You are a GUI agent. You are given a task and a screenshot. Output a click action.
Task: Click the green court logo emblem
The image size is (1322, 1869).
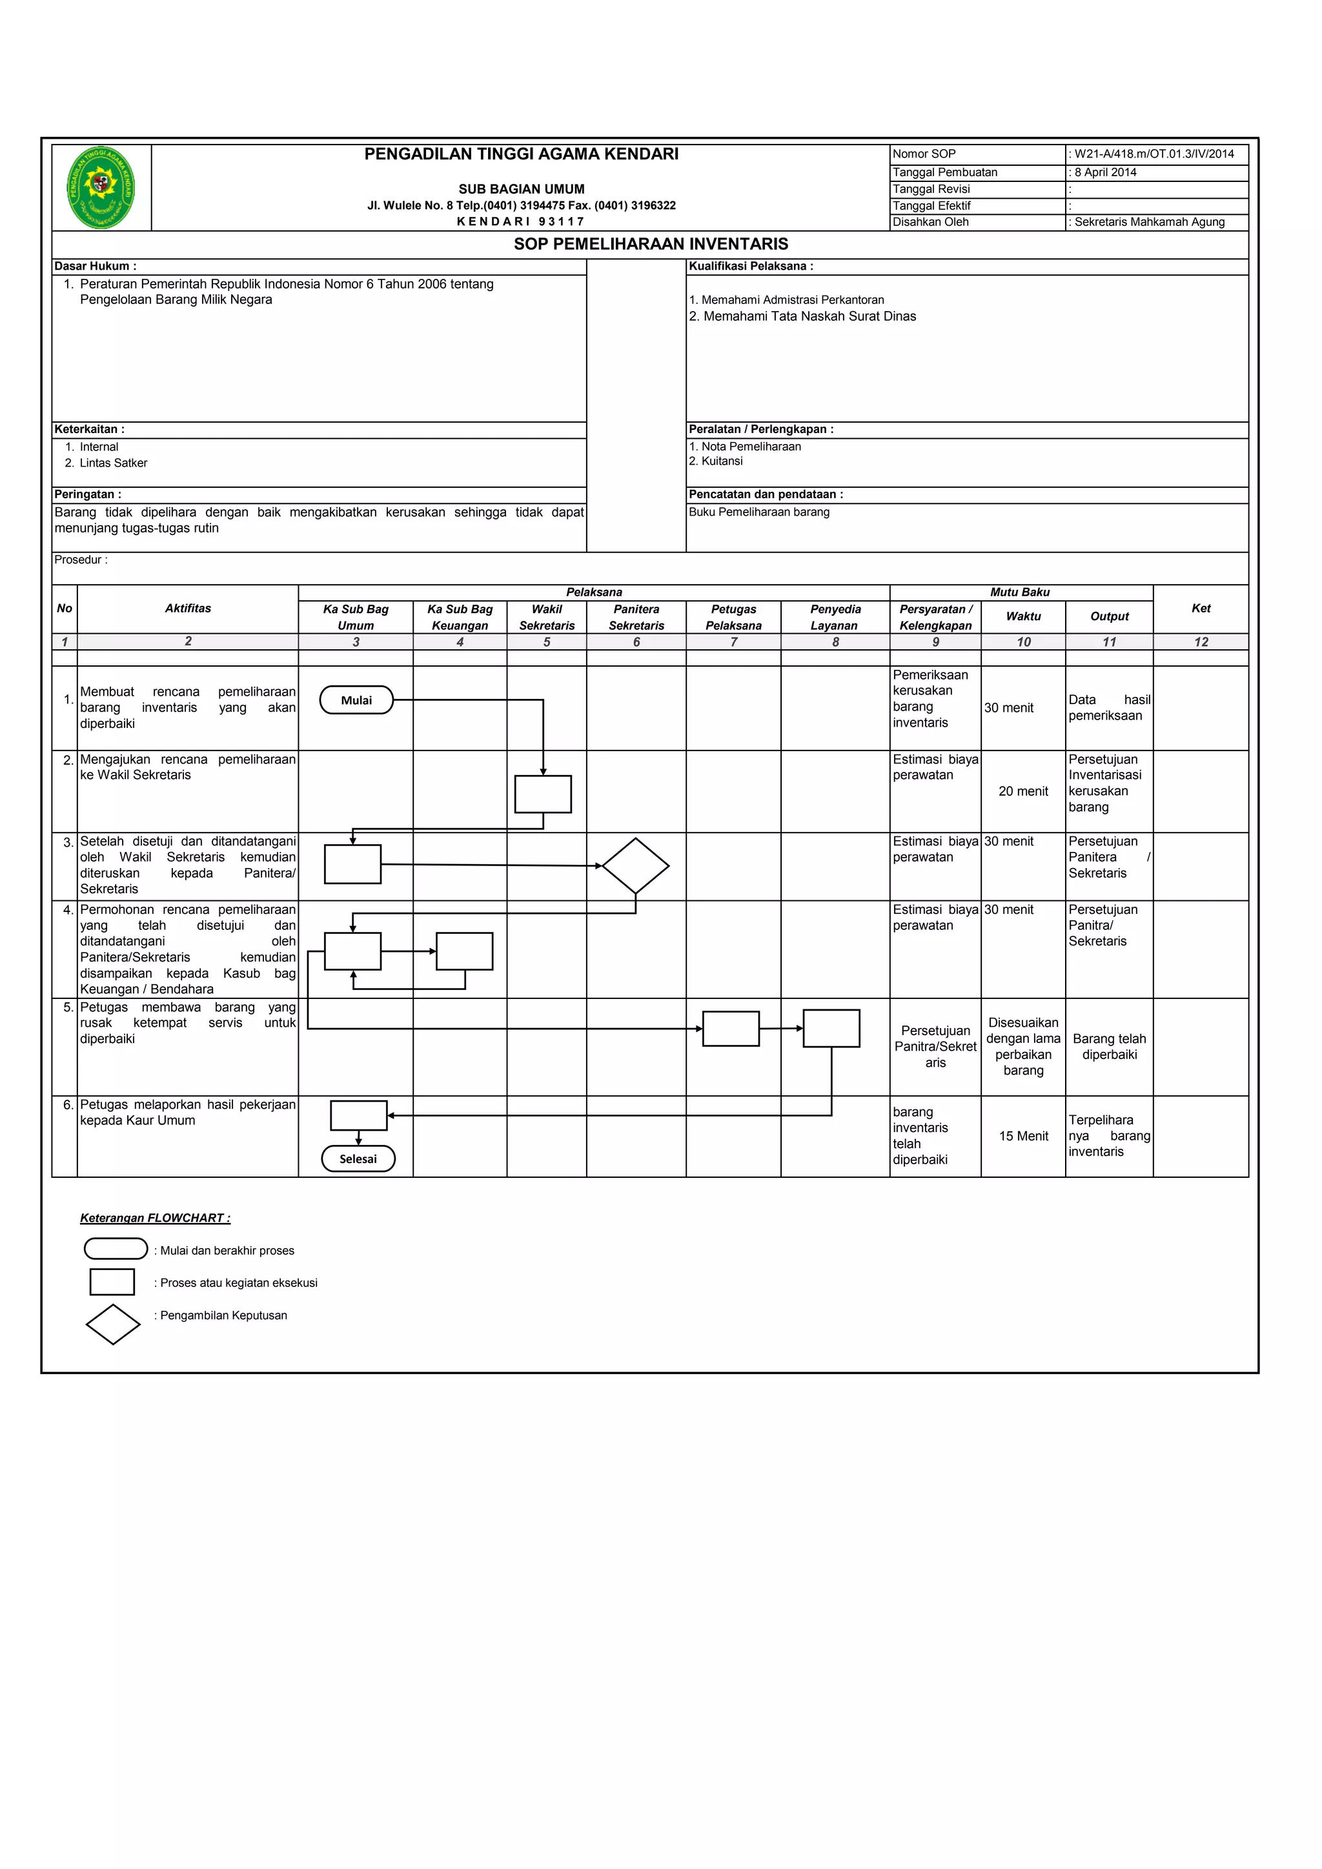101,187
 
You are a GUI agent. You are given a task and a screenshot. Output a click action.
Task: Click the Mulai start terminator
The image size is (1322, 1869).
356,700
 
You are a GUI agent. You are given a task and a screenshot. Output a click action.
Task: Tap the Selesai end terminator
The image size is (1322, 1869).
358,1158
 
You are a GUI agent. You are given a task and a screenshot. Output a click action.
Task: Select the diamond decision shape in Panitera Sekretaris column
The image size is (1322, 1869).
636,866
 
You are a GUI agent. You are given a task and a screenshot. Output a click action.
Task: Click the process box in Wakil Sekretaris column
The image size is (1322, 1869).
543,794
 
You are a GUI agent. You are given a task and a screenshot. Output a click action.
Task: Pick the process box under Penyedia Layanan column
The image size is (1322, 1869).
831,1028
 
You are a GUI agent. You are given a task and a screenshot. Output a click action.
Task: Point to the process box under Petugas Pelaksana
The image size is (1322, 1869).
731,1029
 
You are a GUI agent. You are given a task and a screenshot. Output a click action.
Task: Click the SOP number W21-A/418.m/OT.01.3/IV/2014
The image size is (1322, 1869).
1154,154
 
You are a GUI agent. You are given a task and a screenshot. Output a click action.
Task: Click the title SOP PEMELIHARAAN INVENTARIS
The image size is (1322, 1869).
651,244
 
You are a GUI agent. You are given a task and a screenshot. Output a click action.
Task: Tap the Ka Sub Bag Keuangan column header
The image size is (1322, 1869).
460,617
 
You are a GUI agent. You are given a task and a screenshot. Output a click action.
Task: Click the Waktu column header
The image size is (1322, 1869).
1023,616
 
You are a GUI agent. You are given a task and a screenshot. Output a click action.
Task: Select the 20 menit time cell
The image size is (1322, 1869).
1023,791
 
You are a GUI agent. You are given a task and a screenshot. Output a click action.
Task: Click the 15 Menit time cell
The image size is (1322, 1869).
1023,1136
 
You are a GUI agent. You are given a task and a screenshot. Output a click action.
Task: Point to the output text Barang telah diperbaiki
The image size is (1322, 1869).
1109,1046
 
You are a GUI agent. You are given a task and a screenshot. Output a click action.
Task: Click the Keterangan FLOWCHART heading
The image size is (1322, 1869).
155,1218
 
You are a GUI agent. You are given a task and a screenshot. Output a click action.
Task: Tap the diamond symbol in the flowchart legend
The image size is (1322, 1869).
113,1324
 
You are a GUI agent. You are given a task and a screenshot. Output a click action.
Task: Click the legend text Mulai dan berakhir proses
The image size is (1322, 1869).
227,1250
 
